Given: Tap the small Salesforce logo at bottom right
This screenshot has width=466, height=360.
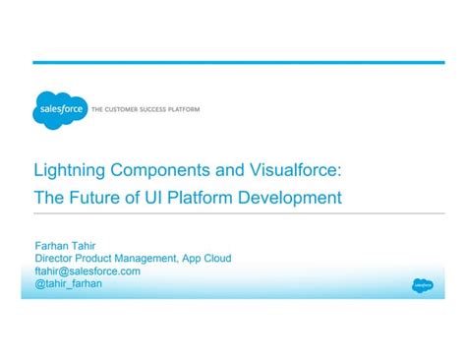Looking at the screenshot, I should point(422,285).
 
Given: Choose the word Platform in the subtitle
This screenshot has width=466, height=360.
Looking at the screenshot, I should point(203,198).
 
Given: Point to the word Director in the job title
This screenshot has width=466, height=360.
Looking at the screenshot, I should point(56,259).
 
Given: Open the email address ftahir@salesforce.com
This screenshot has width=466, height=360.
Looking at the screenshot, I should point(87,270).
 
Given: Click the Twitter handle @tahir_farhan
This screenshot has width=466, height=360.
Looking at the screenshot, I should point(68,283).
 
